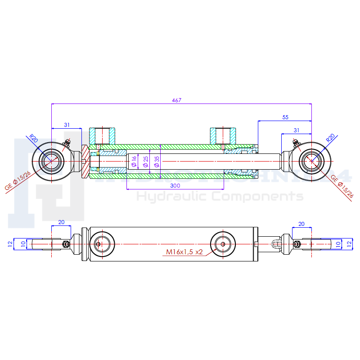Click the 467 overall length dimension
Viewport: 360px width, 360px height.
coord(176,100)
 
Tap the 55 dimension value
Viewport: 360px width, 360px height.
coord(285,117)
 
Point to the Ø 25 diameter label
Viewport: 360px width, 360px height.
coord(145,162)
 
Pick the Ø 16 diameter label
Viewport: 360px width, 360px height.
coord(134,162)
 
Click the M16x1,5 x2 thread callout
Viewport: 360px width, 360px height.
coord(184,252)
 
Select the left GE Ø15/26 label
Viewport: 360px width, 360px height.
coord(18,181)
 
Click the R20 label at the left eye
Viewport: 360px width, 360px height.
coord(33,138)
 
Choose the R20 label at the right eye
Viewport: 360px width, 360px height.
coord(331,138)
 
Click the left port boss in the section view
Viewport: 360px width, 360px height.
coord(102,136)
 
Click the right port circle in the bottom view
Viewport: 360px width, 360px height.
coord(222,244)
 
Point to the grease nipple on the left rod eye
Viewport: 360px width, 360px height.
coord(68,143)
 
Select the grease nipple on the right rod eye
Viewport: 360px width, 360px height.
coord(296,143)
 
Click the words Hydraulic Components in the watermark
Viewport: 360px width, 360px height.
coord(220,197)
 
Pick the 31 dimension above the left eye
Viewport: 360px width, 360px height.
coord(67,125)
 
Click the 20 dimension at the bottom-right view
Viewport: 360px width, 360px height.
coord(301,224)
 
